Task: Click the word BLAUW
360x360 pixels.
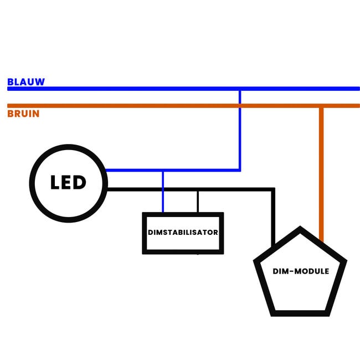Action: point(26,82)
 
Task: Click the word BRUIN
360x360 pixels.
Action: point(23,114)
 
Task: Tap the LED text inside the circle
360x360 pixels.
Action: point(68,183)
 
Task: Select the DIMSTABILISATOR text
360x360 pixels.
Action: point(183,233)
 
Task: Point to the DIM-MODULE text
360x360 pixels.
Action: point(301,271)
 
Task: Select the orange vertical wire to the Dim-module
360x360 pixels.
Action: point(321,172)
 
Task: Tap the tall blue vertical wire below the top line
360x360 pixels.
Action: point(240,133)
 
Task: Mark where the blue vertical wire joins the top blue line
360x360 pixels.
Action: point(240,89)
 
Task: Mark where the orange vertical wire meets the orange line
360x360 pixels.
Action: point(321,106)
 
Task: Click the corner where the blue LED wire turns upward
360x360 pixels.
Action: point(240,170)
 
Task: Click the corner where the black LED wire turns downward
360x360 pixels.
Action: point(273,189)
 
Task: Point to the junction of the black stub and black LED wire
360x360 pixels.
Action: point(198,190)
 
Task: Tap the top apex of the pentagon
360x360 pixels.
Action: point(300,229)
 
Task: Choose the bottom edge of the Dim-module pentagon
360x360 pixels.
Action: point(301,313)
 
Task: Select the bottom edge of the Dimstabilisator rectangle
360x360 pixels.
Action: point(183,252)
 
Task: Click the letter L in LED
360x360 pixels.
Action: point(55,183)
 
